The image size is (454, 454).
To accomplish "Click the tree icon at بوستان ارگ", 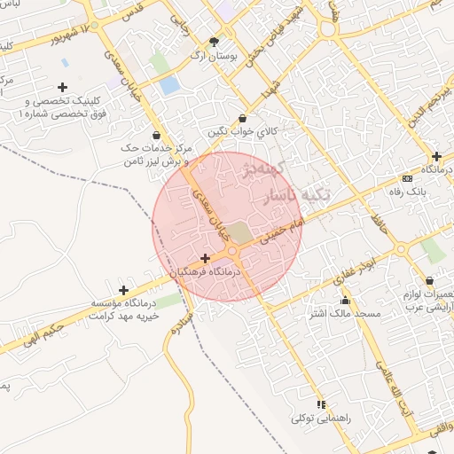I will tap(214, 41).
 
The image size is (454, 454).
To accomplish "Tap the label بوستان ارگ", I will tap(214, 55).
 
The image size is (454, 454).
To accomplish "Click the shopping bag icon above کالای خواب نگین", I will tap(243, 118).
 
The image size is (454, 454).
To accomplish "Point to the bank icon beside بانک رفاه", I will tap(407, 177).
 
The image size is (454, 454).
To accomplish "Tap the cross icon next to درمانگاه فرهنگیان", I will tap(205, 257).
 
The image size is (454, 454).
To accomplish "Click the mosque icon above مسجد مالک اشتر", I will tap(345, 301).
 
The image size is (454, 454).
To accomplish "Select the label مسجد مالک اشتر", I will tap(344, 314).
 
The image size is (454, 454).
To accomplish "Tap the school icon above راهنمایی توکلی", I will tap(321, 404).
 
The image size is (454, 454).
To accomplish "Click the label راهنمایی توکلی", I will tap(321, 418).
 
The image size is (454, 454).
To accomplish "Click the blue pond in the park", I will tap(168, 86).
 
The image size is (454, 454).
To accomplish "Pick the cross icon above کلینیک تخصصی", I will tap(61, 87).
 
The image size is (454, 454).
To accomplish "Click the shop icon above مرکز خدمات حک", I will tap(156, 136).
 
